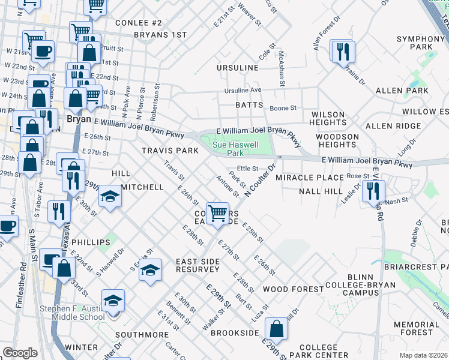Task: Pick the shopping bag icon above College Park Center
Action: (276, 329)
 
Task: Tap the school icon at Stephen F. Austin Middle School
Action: (113, 301)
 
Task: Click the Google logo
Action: (20, 353)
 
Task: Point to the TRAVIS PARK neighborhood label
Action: (170, 151)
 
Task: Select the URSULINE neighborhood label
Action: (238, 68)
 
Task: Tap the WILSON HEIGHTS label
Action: (327, 118)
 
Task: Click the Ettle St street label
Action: (247, 169)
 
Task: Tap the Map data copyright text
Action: (424, 355)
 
